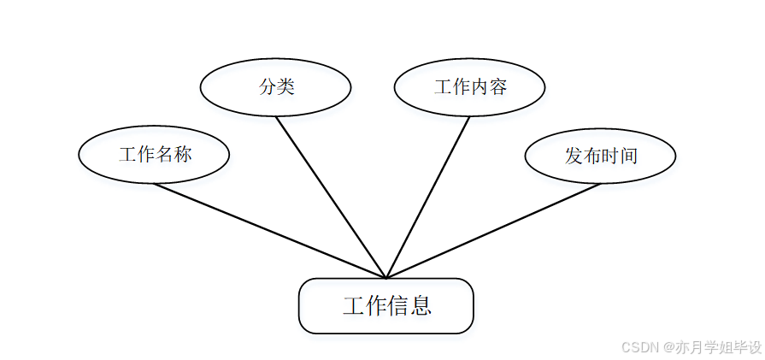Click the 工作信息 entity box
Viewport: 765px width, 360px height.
tap(385, 305)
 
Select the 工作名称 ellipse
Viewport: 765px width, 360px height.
tap(154, 155)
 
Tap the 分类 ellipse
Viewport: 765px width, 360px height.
tap(275, 86)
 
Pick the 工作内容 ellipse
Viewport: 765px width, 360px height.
tap(469, 86)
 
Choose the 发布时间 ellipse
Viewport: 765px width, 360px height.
tap(600, 156)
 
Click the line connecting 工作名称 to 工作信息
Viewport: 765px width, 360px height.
tap(269, 231)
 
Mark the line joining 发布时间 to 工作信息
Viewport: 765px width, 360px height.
tap(494, 231)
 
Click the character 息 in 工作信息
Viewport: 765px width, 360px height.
tap(420, 306)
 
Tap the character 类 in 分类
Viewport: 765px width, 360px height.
tap(285, 86)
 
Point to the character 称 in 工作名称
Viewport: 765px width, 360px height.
tap(182, 155)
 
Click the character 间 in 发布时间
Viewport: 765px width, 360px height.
tap(628, 156)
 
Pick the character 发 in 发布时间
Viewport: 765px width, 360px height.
tap(574, 156)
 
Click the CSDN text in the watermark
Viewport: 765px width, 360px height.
tap(638, 347)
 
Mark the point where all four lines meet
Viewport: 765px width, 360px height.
tap(386, 278)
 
